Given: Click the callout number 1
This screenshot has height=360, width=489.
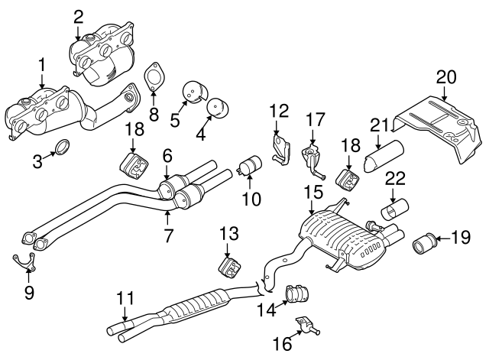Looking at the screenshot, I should click(42, 65).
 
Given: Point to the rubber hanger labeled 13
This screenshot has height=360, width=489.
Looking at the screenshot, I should click(228, 267).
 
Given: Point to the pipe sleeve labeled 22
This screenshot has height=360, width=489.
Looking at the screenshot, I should click(395, 210).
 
